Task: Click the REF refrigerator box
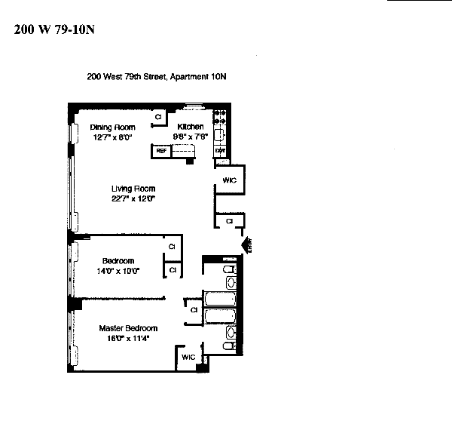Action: pyautogui.click(x=160, y=151)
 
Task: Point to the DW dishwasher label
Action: pyautogui.click(x=221, y=151)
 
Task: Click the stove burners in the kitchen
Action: pyautogui.click(x=220, y=117)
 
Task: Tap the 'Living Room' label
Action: pyautogui.click(x=133, y=189)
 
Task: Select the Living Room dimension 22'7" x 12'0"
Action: pyautogui.click(x=133, y=198)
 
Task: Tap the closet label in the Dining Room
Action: pyautogui.click(x=159, y=118)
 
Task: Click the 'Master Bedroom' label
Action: pyautogui.click(x=129, y=328)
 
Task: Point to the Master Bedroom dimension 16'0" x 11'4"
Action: pyautogui.click(x=129, y=338)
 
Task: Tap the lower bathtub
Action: pyautogui.click(x=219, y=318)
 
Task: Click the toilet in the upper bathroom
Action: pyautogui.click(x=231, y=269)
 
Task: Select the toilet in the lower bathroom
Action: pyautogui.click(x=231, y=346)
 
